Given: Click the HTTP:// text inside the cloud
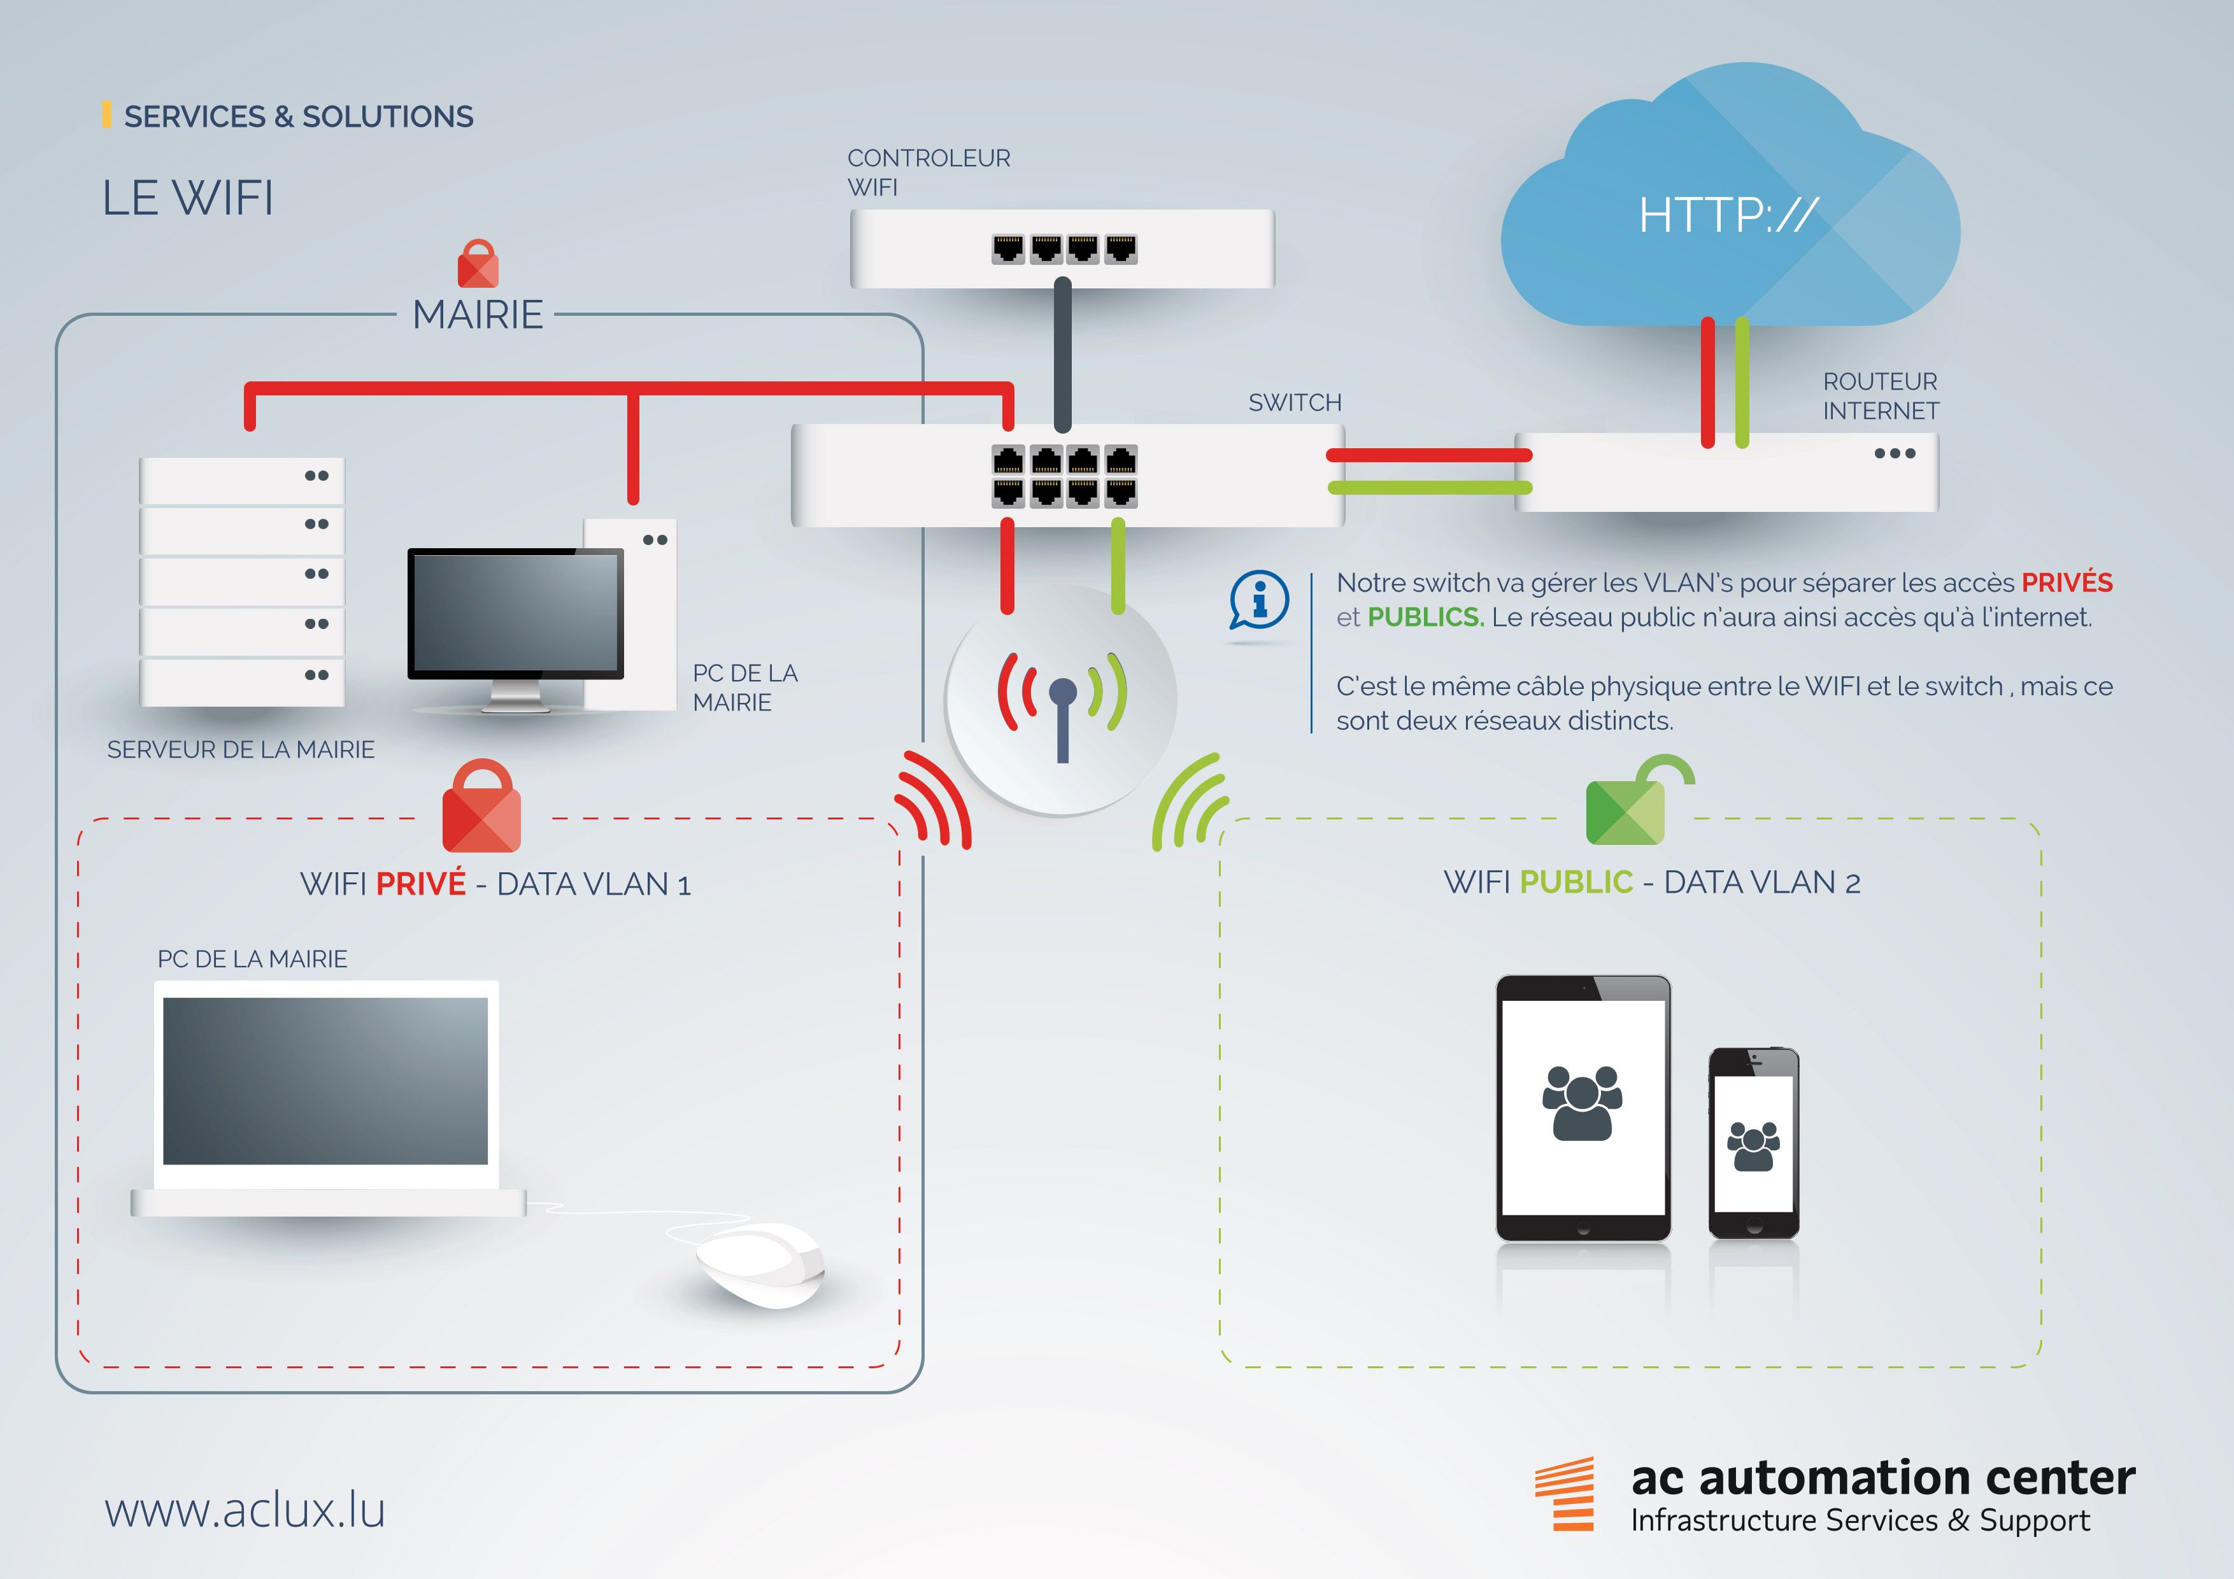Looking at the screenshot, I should pos(1727,215).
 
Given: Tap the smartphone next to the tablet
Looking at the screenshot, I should pos(1753,1143).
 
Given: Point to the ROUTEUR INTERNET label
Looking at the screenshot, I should pos(1880,396).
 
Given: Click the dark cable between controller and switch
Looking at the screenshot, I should pos(1062,355).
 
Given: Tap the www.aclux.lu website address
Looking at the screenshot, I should pos(245,1510).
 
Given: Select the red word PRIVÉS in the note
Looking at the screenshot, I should pos(2067,583).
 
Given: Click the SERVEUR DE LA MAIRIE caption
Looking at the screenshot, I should pos(240,749).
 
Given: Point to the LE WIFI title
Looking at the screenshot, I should pos(188,199).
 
